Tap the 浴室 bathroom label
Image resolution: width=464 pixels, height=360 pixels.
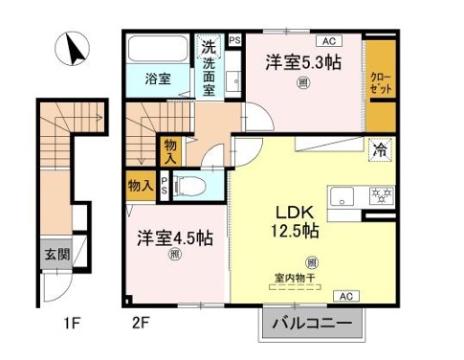(158, 79)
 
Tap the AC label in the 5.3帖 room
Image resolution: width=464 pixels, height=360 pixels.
(328, 41)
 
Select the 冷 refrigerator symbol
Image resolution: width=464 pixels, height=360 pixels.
(380, 148)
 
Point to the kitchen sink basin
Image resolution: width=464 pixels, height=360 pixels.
(342, 197)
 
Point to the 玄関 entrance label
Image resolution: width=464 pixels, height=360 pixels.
(55, 255)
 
